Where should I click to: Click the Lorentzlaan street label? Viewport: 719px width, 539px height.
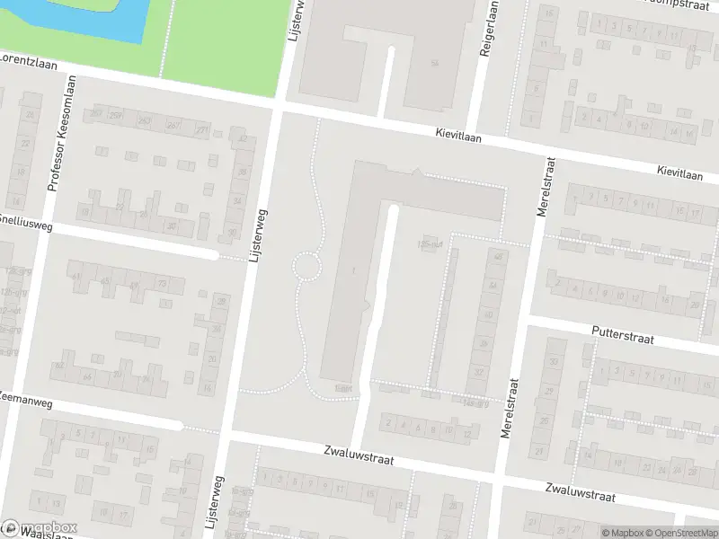(x=27, y=66)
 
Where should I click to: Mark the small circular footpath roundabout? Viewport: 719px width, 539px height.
(x=306, y=265)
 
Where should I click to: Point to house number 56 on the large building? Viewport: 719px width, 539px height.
(x=435, y=62)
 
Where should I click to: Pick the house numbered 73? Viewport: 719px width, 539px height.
(x=162, y=284)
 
